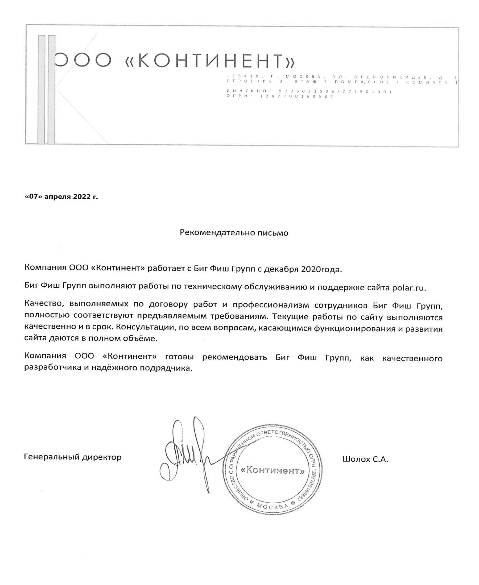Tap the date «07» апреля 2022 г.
pos(61,197)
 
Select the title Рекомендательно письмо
pos(234,233)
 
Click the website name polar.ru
pos(409,288)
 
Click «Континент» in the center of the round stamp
pos(272,470)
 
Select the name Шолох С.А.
pos(365,459)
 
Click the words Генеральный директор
pos(73,457)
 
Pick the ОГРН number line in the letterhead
pos(280,96)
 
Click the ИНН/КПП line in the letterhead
pos(309,91)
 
